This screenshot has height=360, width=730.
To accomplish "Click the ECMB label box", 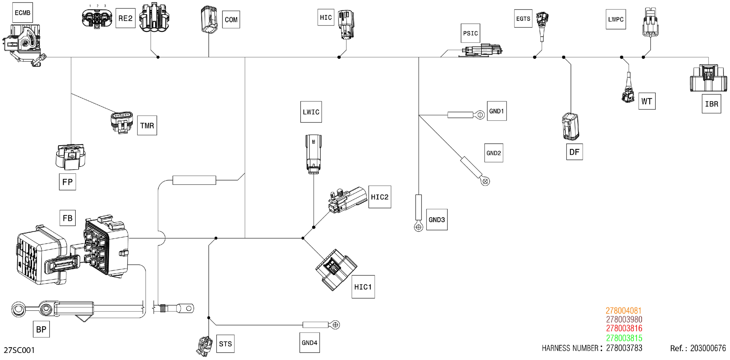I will (22, 13).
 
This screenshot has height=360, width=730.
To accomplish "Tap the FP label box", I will (67, 182).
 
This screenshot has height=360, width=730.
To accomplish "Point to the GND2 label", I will (493, 153).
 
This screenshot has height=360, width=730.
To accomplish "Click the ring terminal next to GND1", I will (480, 115).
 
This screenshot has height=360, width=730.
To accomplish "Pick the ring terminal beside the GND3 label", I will (418, 227).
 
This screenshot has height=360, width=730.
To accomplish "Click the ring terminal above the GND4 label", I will (335, 325).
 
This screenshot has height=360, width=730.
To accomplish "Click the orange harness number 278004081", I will (623, 310).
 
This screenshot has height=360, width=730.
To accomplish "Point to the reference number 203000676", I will (708, 348).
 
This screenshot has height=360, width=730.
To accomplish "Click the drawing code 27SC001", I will (19, 350).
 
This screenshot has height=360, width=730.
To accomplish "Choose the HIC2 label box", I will (379, 197).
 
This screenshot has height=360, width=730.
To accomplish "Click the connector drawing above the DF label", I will (570, 126).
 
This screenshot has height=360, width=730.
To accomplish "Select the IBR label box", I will (711, 104).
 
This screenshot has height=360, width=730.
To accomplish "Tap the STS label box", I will (225, 343).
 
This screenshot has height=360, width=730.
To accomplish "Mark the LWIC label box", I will (311, 112).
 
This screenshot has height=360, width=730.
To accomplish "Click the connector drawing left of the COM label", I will (209, 20).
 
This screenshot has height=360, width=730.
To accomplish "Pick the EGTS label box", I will (523, 19).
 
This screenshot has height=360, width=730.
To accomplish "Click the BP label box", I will (41, 329).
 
